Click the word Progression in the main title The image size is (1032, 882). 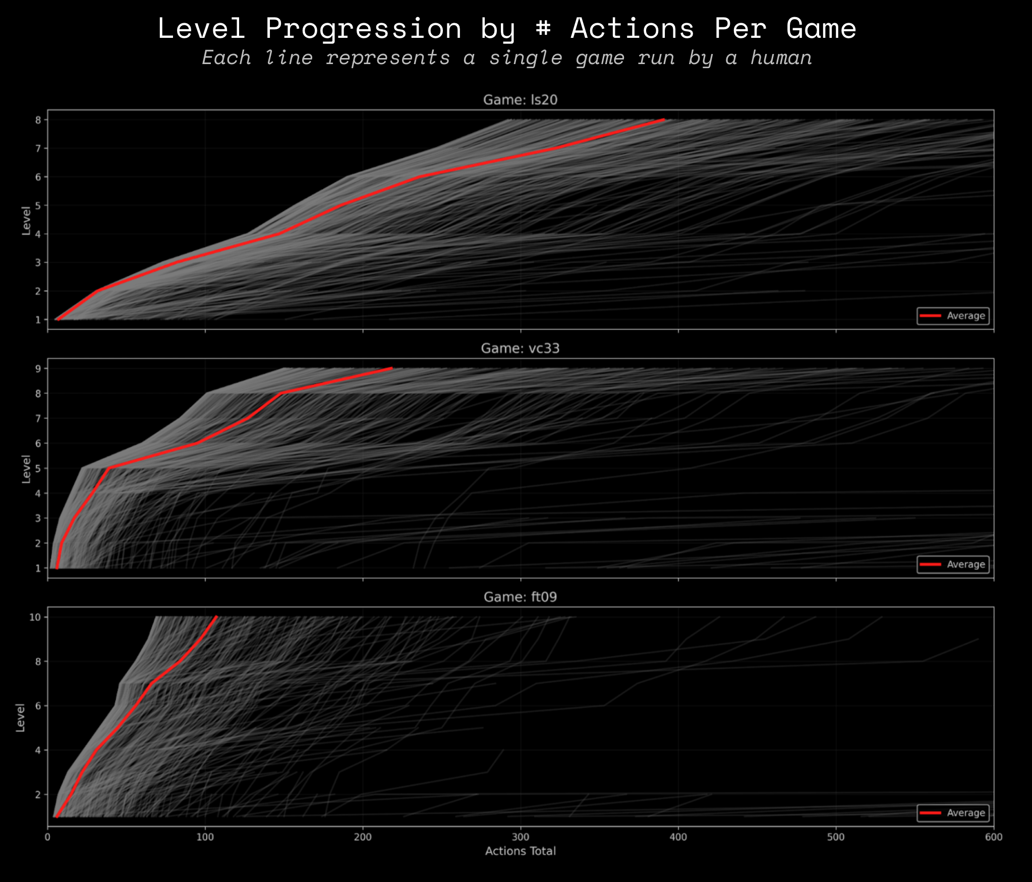tap(363, 28)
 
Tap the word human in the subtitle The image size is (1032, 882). tap(781, 58)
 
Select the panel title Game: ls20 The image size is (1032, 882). tap(520, 100)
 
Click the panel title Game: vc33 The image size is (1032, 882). tap(520, 349)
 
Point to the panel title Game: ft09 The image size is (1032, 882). tap(520, 597)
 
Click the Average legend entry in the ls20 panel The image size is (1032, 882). tap(953, 316)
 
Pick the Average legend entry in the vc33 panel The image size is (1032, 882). tap(953, 565)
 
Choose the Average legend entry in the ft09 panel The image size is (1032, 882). tap(953, 813)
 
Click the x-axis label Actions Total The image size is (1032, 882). tap(520, 851)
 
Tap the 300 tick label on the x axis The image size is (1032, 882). tap(520, 837)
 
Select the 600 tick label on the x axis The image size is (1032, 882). tap(993, 837)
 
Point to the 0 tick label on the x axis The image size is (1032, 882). tap(48, 837)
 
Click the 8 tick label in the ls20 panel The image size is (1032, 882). tap(38, 120)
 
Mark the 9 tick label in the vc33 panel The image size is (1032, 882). tap(38, 369)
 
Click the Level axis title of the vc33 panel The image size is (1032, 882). tap(26, 469)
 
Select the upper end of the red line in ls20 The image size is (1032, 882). tap(664, 120)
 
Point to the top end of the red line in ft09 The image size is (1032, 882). tap(216, 617)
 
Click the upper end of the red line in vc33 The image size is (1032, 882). tap(391, 368)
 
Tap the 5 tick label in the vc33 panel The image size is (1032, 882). tap(38, 469)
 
